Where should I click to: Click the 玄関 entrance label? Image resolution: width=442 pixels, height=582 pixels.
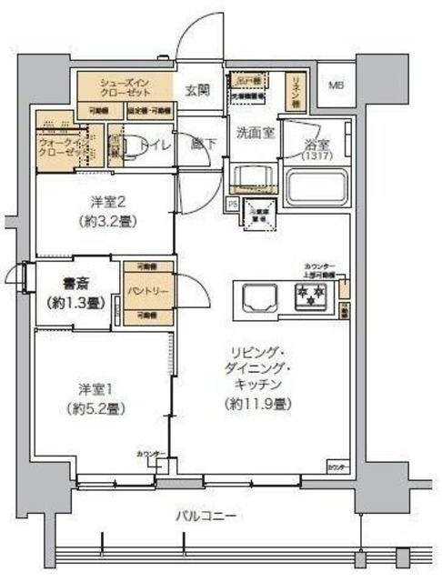[199, 89]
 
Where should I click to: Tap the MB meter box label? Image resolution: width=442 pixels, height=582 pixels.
[336, 85]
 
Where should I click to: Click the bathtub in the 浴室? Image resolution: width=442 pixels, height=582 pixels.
[313, 187]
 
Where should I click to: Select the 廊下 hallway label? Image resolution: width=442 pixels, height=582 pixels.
[200, 144]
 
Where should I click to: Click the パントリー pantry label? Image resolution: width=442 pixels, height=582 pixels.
[146, 291]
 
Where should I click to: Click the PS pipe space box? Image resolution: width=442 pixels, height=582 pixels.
[233, 204]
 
